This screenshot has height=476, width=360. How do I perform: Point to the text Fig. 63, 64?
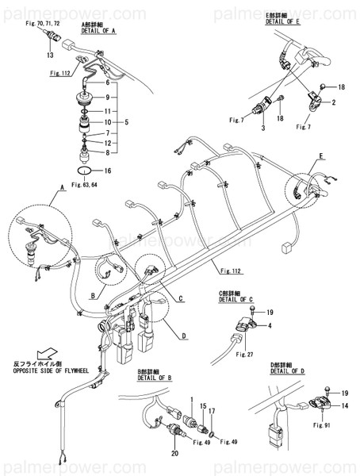pyautogui.click(x=83, y=185)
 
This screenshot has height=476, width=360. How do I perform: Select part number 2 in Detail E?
pyautogui.click(x=334, y=103)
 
